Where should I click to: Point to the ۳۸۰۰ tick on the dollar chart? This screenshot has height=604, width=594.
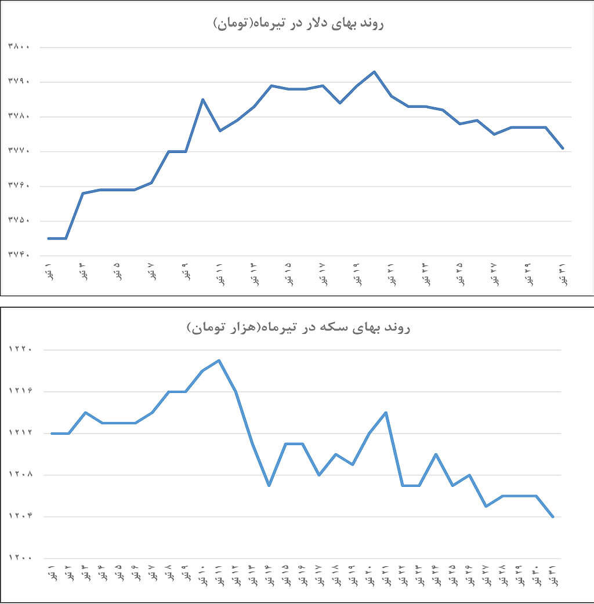tap(19, 47)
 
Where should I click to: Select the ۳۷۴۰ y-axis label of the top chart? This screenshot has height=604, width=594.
tap(19, 255)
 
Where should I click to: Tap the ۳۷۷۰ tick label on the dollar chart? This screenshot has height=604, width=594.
tap(19, 151)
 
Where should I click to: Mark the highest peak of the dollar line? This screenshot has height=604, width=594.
tap(374, 72)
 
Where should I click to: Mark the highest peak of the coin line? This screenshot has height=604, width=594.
tap(219, 361)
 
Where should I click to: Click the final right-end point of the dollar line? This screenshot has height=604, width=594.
tap(563, 148)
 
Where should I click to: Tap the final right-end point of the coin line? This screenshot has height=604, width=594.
tap(553, 516)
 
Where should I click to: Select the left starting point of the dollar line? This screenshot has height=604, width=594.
tap(49, 238)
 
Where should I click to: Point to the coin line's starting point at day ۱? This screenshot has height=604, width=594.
tap(52, 433)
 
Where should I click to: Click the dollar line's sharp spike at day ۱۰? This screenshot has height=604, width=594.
tap(202, 100)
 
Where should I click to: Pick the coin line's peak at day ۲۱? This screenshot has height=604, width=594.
tap(386, 413)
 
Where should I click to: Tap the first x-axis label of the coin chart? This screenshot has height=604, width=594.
tap(52, 574)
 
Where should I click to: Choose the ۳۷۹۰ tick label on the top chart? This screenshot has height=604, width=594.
tap(19, 82)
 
